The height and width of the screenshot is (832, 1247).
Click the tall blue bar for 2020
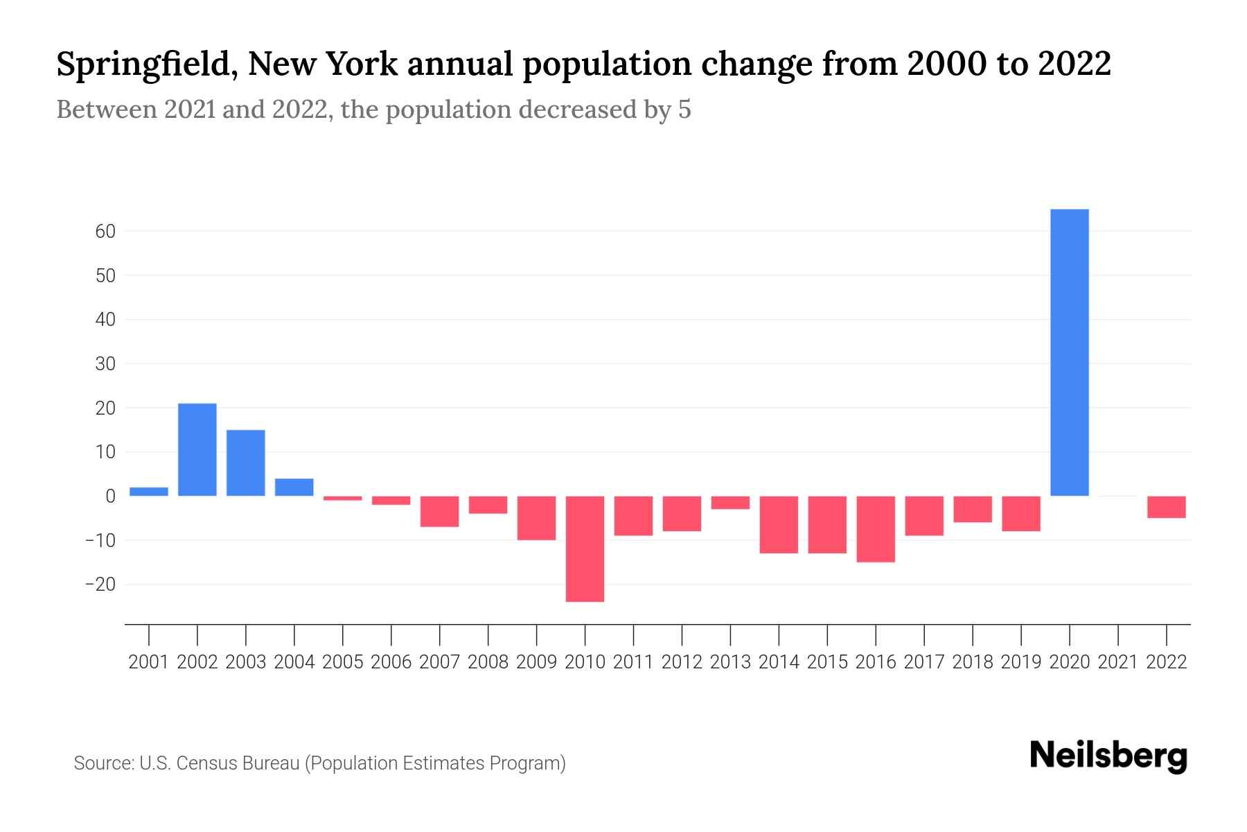pos(1070,352)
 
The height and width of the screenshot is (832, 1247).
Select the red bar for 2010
pos(585,548)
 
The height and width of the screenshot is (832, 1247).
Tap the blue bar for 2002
pos(197,449)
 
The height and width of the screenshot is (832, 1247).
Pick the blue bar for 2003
pos(246,462)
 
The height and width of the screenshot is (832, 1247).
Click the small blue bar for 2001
pos(149,492)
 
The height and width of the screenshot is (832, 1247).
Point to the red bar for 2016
pos(876,528)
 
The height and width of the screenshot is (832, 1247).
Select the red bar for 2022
pos(1167,507)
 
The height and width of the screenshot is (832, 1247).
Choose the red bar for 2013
pos(730,503)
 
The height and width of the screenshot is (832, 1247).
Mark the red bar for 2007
pos(439,511)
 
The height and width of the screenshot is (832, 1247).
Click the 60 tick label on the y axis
pos(105,231)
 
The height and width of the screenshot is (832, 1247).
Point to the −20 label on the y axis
pos(100,584)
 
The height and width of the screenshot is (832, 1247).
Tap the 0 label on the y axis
pos(110,496)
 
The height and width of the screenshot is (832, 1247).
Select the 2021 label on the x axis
pos(1118,662)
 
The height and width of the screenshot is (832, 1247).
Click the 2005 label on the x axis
pos(343,662)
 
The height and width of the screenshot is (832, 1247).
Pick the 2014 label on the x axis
pos(779,662)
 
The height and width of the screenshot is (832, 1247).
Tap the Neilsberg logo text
pos(1108,756)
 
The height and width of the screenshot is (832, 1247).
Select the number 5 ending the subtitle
pos(684,110)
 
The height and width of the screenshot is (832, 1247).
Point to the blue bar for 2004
pos(294,487)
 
